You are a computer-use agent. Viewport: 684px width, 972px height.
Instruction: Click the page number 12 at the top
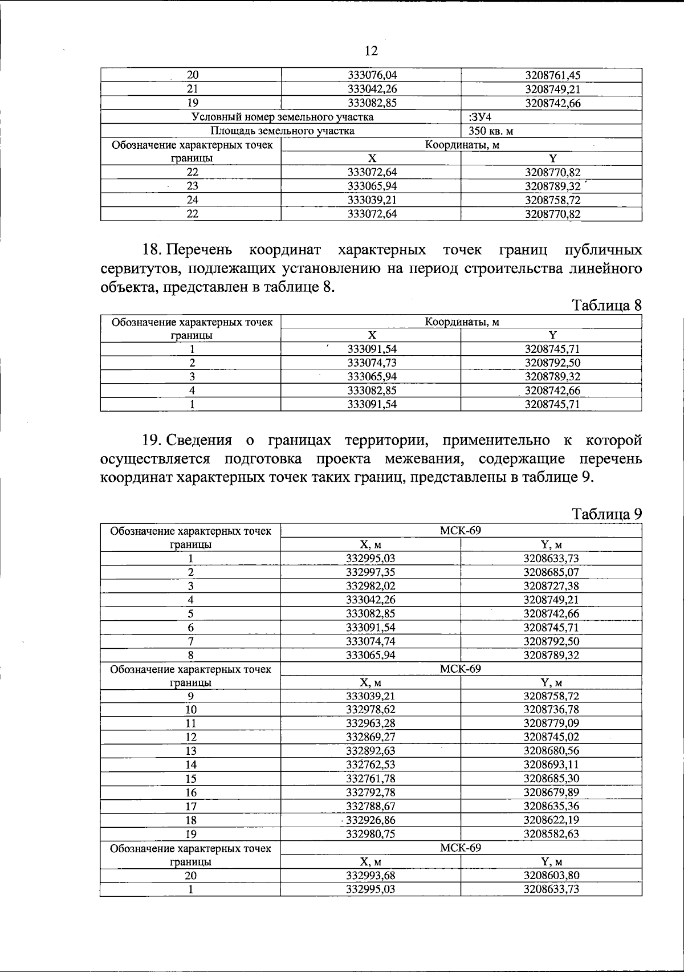click(x=370, y=51)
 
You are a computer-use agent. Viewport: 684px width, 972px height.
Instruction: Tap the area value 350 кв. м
click(x=491, y=131)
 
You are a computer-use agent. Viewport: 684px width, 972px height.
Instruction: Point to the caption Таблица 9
click(x=607, y=514)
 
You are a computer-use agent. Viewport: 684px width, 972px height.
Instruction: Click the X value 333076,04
click(x=372, y=75)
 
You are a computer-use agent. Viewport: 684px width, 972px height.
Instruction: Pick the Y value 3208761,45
click(x=552, y=75)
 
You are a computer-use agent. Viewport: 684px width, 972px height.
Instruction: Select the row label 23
click(x=192, y=186)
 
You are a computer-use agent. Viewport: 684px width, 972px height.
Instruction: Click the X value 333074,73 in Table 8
click(x=372, y=363)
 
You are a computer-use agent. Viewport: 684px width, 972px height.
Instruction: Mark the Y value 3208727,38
click(x=551, y=586)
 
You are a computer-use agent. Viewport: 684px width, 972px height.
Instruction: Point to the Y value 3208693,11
click(x=551, y=765)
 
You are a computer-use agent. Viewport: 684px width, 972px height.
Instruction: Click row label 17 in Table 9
click(x=191, y=807)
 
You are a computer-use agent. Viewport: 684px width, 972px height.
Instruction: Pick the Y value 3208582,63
click(x=551, y=834)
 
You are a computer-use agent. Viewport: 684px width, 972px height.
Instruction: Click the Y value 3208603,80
click(x=551, y=876)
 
